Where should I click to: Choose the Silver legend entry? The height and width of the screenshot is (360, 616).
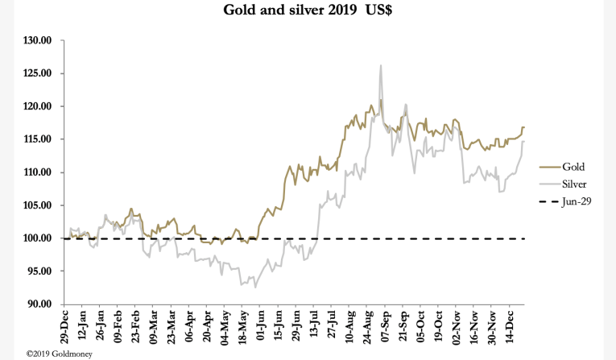(x=573, y=184)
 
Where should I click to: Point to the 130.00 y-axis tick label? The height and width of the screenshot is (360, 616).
(x=38, y=40)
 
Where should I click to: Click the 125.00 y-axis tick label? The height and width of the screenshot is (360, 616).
(x=38, y=73)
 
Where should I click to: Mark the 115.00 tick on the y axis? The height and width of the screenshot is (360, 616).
(x=38, y=139)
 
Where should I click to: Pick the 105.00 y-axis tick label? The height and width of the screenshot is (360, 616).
(x=38, y=205)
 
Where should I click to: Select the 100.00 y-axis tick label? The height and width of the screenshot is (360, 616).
(x=38, y=238)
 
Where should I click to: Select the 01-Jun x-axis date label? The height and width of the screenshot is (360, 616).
(x=260, y=329)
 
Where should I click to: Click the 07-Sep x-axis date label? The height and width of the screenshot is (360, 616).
(x=384, y=329)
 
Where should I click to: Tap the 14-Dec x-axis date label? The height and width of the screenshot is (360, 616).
(x=508, y=329)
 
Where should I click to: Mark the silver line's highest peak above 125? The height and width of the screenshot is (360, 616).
(x=380, y=66)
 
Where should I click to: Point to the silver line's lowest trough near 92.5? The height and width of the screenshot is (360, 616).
(x=255, y=287)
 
